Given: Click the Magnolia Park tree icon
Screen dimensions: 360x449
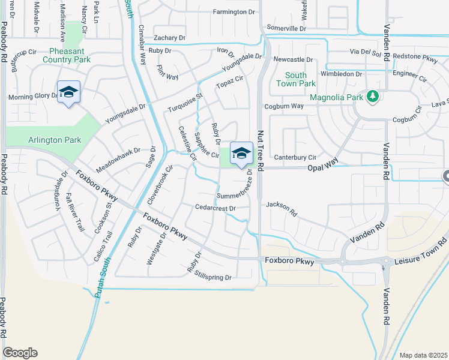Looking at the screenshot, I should tap(373, 97).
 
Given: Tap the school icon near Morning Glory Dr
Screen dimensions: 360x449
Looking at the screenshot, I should tap(68, 92).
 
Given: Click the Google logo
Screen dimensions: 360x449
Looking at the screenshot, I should tap(20, 353).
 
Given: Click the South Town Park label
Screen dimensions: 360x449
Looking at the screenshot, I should tap(295, 79).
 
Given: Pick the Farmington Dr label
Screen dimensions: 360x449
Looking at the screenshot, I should tap(221, 12).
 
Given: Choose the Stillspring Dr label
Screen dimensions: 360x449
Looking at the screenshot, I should tap(212, 277).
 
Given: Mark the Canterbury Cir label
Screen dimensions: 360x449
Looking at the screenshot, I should tap(295, 157).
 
